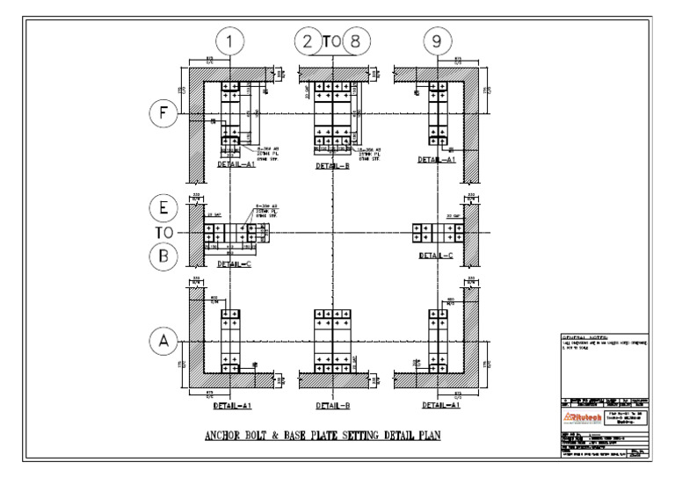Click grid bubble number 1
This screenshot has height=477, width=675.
(x=229, y=41)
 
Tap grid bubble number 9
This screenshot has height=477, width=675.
(x=437, y=41)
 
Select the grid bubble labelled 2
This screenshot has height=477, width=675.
(x=308, y=41)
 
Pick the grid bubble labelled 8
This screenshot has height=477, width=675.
(x=355, y=41)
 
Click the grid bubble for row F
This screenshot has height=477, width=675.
(x=163, y=112)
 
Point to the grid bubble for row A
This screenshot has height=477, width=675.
(x=163, y=342)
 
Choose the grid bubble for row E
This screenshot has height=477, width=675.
(x=163, y=209)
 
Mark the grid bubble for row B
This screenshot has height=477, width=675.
(x=163, y=257)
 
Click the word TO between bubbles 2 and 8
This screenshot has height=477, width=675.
(x=331, y=41)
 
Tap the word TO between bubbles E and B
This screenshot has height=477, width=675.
(x=163, y=234)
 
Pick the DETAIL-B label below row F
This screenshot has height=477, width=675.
(x=332, y=165)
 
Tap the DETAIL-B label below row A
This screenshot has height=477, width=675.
(x=332, y=406)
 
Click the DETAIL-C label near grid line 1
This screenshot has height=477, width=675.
(x=233, y=263)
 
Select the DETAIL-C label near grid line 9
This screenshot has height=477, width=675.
(x=436, y=256)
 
